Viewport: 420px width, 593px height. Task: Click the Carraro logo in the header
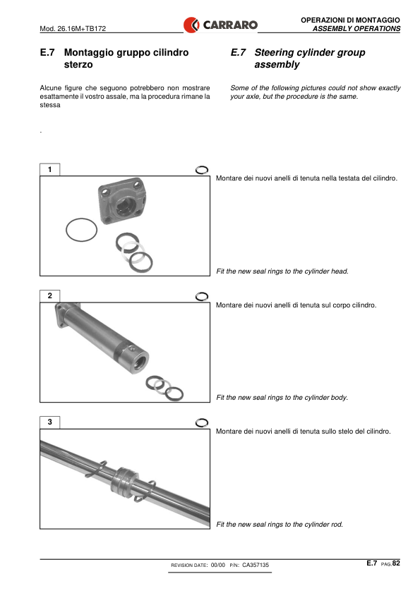tap(220, 25)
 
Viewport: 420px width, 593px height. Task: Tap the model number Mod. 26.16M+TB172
tap(73, 28)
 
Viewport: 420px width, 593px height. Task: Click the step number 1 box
tap(49, 169)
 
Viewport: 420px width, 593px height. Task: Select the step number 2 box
tap(49, 295)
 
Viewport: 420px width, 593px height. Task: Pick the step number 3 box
tap(49, 422)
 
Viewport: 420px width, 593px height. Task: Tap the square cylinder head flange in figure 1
tap(121, 200)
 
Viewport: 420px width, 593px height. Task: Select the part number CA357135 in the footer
tap(256, 565)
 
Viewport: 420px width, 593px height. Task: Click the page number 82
tap(396, 563)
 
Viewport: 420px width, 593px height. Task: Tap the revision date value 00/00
tap(217, 565)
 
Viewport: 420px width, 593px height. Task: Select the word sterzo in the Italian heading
tap(78, 65)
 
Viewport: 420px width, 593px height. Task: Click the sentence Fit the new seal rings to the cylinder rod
tap(280, 525)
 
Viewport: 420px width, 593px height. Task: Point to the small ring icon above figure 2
tap(202, 296)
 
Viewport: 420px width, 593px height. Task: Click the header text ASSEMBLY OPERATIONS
tap(356, 29)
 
